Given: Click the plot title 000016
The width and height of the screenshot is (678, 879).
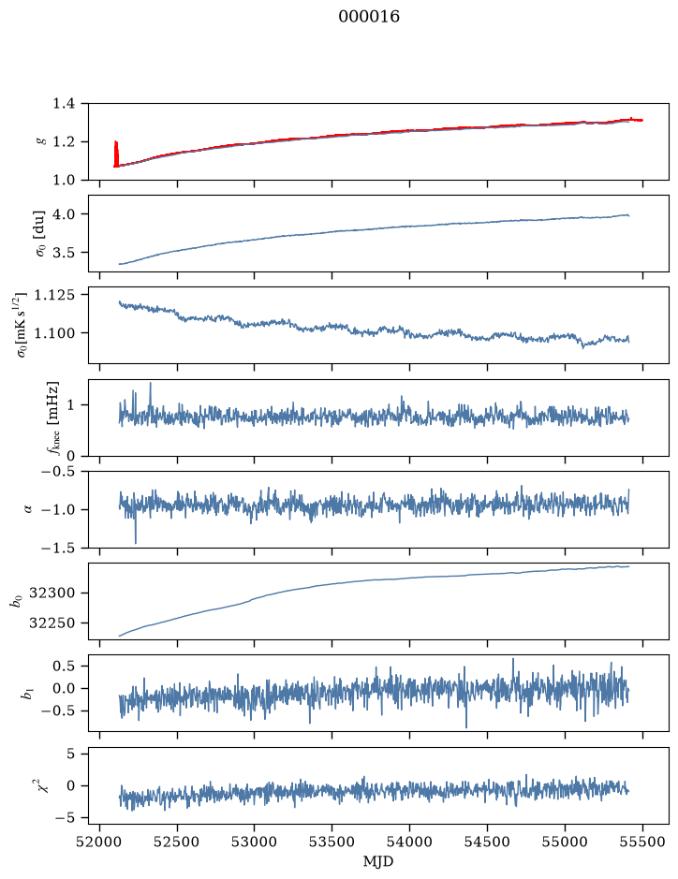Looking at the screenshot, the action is pos(368,17).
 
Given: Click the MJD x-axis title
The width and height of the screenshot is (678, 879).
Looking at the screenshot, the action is pos(378,860).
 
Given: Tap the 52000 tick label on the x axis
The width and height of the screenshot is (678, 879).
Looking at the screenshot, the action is pos(100,842).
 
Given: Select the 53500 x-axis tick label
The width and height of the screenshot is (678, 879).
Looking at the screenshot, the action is pos(332,842).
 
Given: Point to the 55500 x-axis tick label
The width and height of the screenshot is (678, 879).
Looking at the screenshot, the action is pos(642,842).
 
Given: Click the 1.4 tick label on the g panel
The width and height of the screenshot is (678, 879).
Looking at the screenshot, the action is pos(64,104).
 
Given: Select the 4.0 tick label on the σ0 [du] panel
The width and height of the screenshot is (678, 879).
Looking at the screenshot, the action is pos(64,214).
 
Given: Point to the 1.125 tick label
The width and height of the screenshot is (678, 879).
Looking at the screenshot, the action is pos(54,294).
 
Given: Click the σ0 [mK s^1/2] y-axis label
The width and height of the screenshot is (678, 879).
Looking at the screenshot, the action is pos(22,325).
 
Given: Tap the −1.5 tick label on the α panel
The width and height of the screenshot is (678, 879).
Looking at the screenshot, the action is pos(58,547).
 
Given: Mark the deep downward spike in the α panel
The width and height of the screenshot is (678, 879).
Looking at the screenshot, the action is pos(135,530).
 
